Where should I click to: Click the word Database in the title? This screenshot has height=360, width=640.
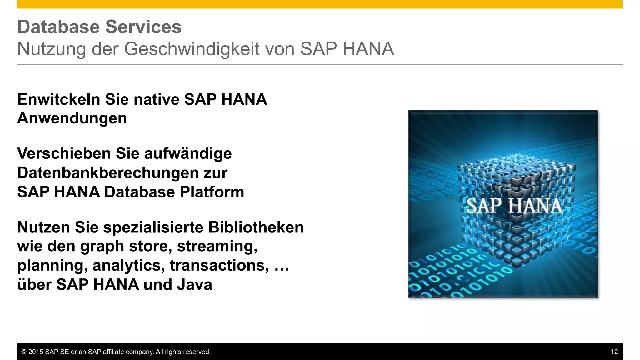pos(59,27)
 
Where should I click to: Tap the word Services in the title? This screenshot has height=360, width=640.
pos(143,27)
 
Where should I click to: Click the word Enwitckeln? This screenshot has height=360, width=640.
pos(59,99)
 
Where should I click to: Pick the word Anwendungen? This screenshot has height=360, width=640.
pos(72,118)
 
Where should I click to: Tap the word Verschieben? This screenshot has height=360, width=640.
pos(64,153)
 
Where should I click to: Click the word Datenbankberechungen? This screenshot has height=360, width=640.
pos(108,172)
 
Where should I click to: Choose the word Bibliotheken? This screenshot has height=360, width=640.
pos(256,227)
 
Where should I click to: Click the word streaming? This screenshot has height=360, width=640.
pos(217,246)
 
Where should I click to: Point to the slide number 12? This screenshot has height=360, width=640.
pos(614,352)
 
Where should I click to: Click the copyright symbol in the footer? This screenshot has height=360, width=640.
pos(24,352)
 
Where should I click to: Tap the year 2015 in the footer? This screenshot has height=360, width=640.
pos(36,352)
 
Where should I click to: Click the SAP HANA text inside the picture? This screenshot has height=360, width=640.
pos(514,206)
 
